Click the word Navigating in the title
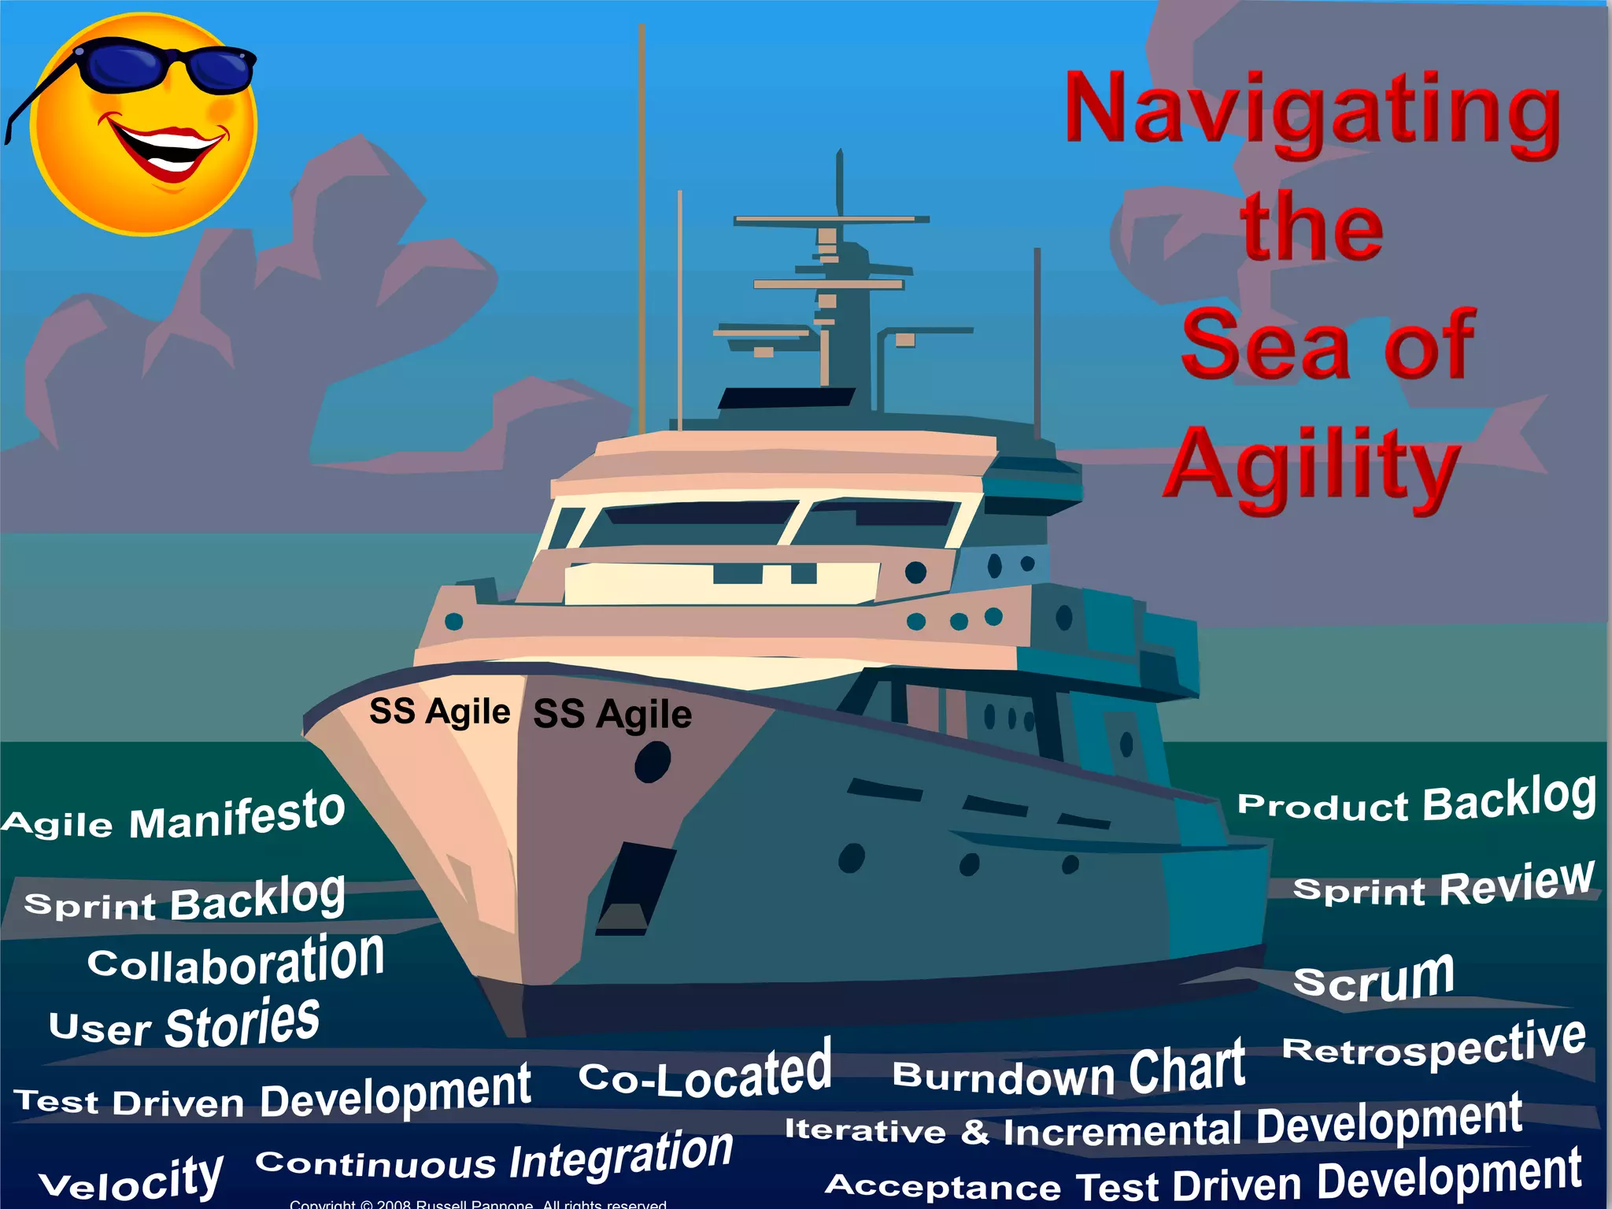[1312, 110]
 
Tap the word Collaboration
[236, 960]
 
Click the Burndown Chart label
[1069, 1070]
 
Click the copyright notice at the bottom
[478, 1203]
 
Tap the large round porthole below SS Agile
[653, 762]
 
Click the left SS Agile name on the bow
[440, 712]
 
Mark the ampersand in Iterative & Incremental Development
[974, 1132]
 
